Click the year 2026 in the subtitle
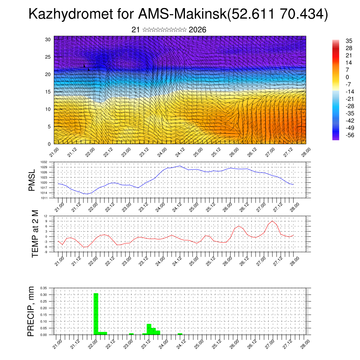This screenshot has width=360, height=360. click(198, 30)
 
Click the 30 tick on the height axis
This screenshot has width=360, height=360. click(48, 39)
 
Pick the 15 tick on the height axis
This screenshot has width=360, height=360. click(48, 92)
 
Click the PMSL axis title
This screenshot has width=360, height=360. click(32, 180)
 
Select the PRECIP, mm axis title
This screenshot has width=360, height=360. click(32, 311)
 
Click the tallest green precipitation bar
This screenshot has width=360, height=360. click(96, 314)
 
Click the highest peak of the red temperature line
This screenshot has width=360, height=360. click(272, 221)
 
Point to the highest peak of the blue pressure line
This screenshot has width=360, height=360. click(180, 166)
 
